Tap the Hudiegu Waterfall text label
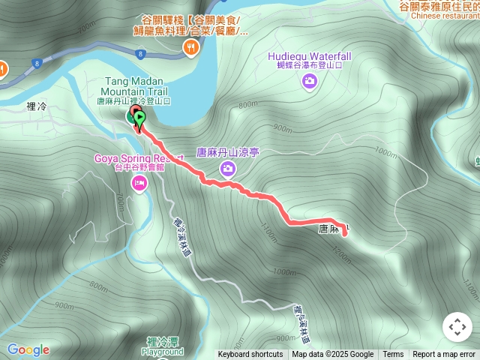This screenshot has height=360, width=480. [x=310, y=56]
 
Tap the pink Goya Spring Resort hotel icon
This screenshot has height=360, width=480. [x=139, y=184]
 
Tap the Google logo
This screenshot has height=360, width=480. [x=28, y=350]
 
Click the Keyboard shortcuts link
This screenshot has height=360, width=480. [x=250, y=355]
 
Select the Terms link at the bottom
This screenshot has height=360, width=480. [x=393, y=355]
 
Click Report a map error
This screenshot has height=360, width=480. [x=444, y=355]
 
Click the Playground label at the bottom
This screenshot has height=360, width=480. [x=163, y=352]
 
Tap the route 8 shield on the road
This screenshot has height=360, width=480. [x=140, y=54]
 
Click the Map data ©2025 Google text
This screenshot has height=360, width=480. [x=332, y=355]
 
